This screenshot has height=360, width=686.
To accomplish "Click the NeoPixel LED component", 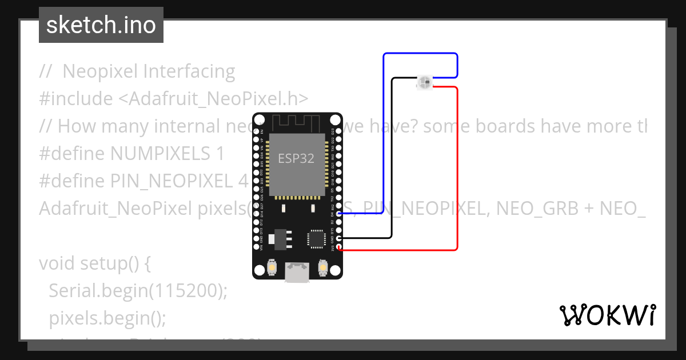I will (424, 83).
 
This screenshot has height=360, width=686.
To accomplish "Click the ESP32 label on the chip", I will (296, 158).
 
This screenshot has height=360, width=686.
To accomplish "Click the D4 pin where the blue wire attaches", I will (340, 213).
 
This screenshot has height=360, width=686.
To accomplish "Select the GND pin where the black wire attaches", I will (340, 238).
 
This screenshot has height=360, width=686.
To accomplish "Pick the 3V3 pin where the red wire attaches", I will (340, 247).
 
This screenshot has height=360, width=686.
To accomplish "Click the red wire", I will (457, 171).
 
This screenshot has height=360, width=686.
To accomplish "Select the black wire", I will (392, 160).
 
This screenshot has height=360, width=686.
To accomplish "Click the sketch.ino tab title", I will (101, 25).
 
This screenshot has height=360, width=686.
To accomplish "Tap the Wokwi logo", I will (607, 315).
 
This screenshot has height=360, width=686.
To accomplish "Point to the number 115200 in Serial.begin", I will (184, 291).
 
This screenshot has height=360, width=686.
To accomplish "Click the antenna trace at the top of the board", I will (297, 122).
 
